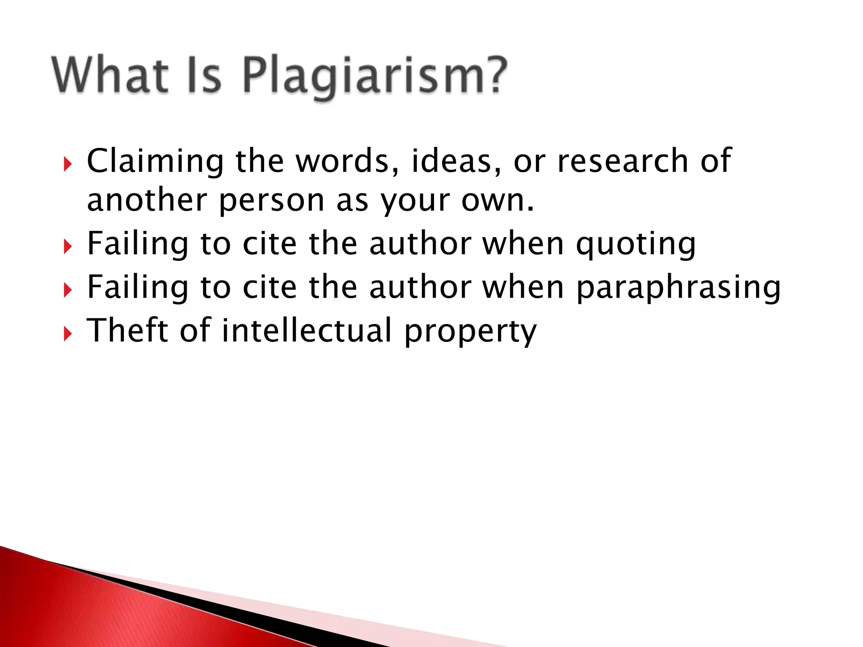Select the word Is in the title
204,75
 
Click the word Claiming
155,162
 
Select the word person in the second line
271,201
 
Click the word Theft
127,330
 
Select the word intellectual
307,330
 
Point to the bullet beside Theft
67,334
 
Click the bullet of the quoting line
67,247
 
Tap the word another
147,201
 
